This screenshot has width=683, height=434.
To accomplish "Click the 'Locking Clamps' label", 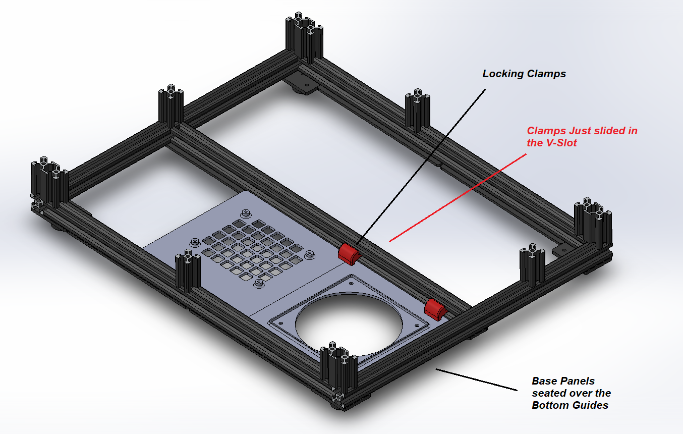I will (x=524, y=74).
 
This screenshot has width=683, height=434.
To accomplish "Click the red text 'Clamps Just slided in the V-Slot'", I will (x=582, y=137).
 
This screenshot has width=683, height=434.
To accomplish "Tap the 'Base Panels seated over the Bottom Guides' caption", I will (x=571, y=393).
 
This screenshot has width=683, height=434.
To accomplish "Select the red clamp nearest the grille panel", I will (x=348, y=253).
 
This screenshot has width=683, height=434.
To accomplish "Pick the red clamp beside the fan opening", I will (x=434, y=308).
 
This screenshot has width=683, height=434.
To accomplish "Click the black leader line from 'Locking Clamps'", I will (x=424, y=161).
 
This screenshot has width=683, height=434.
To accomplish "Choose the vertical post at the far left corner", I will (x=49, y=184).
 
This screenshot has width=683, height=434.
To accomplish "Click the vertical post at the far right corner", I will (x=593, y=225).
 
